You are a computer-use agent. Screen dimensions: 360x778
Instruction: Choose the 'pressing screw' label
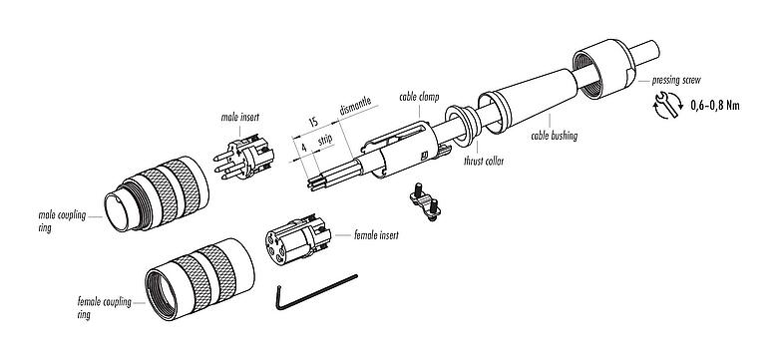[675, 77]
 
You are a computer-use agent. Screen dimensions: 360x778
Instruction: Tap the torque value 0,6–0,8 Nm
[714, 105]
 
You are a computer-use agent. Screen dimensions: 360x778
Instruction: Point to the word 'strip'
[325, 141]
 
